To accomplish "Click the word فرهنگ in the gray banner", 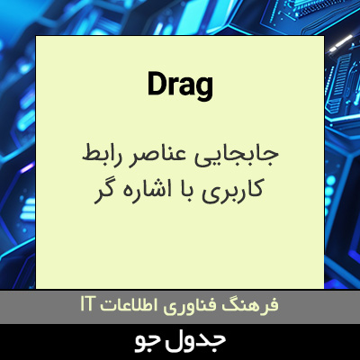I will coord(254,305).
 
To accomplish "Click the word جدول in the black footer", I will coord(203,341).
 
